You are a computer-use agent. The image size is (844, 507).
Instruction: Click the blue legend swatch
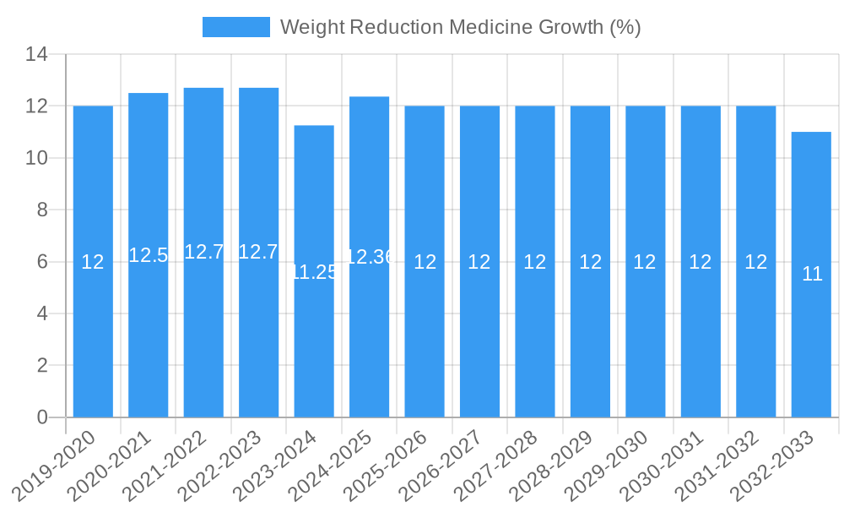[x=236, y=27]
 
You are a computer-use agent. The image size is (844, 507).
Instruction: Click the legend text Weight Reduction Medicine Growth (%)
[x=460, y=27]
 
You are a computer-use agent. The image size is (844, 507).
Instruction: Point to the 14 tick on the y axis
[x=36, y=55]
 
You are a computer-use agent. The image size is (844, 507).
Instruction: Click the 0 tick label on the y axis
[x=43, y=417]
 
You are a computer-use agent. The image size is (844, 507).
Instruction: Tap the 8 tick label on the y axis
[x=43, y=210]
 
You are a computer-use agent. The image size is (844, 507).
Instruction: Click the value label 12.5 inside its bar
[x=149, y=255]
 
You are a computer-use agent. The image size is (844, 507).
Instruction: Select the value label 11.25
[x=314, y=272]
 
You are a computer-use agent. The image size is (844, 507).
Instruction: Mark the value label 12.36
[x=370, y=257]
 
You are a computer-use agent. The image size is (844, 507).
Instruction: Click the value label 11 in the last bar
[x=812, y=274]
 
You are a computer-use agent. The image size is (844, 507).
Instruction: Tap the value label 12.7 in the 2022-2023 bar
[x=258, y=252]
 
